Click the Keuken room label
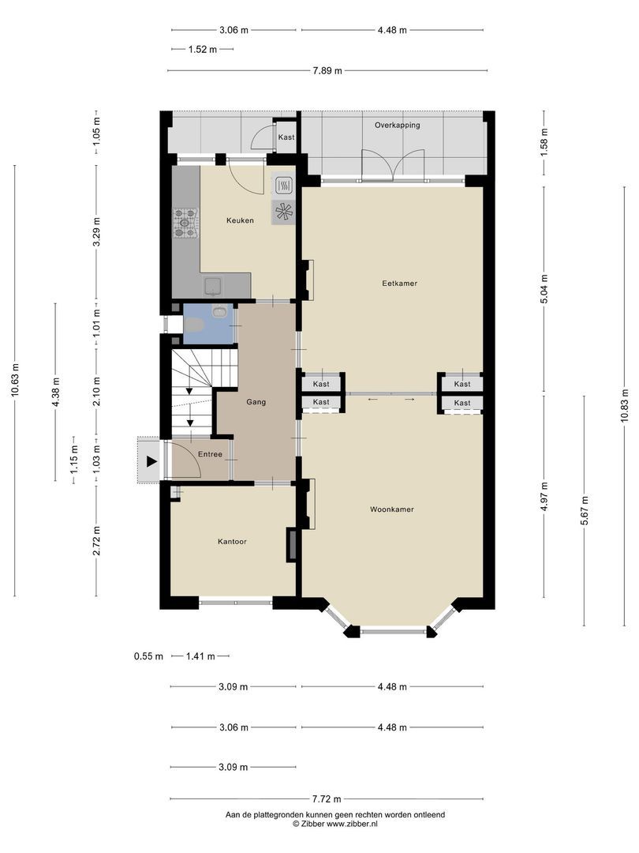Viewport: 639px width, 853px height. coord(240,220)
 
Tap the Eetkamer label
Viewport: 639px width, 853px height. coord(399,283)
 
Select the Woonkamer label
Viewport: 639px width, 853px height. coord(391,509)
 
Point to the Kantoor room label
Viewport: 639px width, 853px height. coord(233,542)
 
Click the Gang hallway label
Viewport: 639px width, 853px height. coord(256,402)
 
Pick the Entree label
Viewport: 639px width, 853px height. coord(210,454)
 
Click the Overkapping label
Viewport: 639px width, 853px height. coord(397,125)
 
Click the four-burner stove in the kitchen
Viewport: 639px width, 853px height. coord(186,222)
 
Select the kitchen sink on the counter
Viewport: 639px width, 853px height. coord(214,285)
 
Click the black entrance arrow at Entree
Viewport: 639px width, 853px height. coord(151,461)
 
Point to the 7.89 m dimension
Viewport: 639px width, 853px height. coord(327,71)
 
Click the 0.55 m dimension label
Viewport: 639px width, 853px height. coord(148,656)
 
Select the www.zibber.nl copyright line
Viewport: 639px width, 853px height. coord(334,823)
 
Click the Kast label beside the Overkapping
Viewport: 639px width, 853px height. coord(286,137)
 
